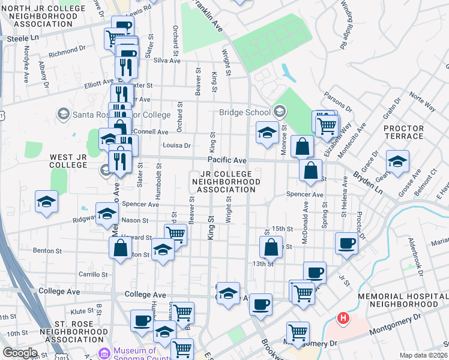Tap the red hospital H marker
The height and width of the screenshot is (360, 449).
pyautogui.click(x=343, y=317)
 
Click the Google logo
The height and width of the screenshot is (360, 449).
pyautogui.click(x=19, y=352)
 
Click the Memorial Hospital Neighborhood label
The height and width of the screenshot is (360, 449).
pyautogui.click(x=402, y=301)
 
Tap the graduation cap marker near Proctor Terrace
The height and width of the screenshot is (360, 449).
pyautogui.click(x=397, y=162)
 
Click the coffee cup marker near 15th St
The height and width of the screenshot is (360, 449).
pyautogui.click(x=346, y=243)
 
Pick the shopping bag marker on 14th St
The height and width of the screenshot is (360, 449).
pyautogui.click(x=271, y=246)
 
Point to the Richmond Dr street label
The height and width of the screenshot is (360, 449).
pyautogui.click(x=68, y=53)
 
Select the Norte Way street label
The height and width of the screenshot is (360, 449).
pyautogui.click(x=422, y=102)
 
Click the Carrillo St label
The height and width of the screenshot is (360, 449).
pyautogui.click(x=93, y=274)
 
